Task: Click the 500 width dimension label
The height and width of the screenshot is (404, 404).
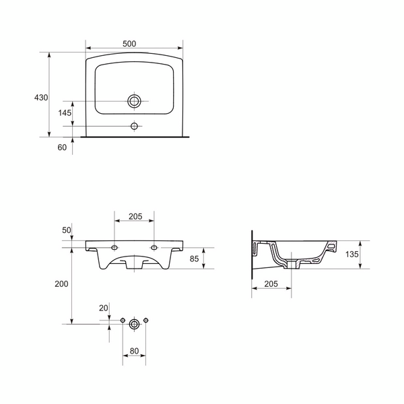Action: coord(129,44)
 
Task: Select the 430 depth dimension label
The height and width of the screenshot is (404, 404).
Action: coord(41,98)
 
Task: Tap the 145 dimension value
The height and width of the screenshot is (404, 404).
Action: coord(65,113)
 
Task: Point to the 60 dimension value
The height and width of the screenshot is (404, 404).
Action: coord(62,147)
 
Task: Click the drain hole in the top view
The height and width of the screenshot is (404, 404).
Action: coord(134,101)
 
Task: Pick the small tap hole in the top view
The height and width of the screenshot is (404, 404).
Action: coord(134,127)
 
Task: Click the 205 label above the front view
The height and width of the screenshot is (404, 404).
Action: coord(135,216)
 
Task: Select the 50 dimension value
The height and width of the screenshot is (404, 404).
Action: coord(67,230)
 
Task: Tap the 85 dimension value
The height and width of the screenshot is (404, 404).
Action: coord(195,259)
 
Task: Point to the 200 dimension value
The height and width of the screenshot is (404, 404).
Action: coord(61,284)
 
